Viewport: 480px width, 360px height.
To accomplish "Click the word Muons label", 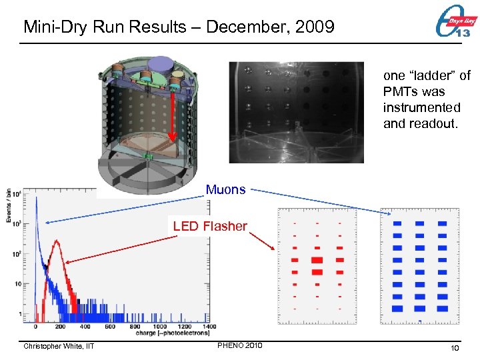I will point(225,190).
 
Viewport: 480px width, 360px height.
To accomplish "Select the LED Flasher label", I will point(210,226).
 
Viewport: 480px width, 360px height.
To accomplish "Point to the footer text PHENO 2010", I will point(240,345).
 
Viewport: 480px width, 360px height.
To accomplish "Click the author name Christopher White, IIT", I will point(59,346).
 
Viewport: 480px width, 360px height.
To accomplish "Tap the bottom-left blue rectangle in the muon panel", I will point(397,308).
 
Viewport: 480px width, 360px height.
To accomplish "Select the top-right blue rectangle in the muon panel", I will point(442,224).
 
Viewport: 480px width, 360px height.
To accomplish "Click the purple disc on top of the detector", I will point(161,64).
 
